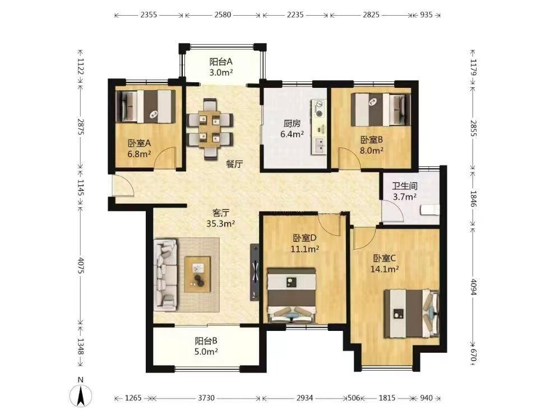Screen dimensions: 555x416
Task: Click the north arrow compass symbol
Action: pyautogui.click(x=81, y=394)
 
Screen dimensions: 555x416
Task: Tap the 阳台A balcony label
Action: pyautogui.click(x=221, y=62)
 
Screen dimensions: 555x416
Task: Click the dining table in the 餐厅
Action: pyautogui.click(x=210, y=129)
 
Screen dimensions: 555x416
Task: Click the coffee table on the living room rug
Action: pyautogui.click(x=197, y=274)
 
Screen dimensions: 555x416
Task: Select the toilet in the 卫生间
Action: pyautogui.click(x=430, y=209)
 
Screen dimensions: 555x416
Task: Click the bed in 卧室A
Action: pyautogui.click(x=146, y=107)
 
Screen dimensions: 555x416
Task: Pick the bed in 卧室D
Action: pyautogui.click(x=292, y=295)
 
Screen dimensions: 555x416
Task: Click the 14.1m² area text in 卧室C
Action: pyautogui.click(x=385, y=269)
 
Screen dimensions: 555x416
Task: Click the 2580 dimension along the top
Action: pyautogui.click(x=223, y=15)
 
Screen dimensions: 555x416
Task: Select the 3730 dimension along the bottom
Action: pyautogui.click(x=206, y=398)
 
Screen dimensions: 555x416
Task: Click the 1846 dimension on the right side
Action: pyautogui.click(x=474, y=198)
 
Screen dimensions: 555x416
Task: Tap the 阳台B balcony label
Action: pyautogui.click(x=206, y=341)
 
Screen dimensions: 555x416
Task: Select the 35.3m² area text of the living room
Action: pyautogui.click(x=220, y=223)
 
